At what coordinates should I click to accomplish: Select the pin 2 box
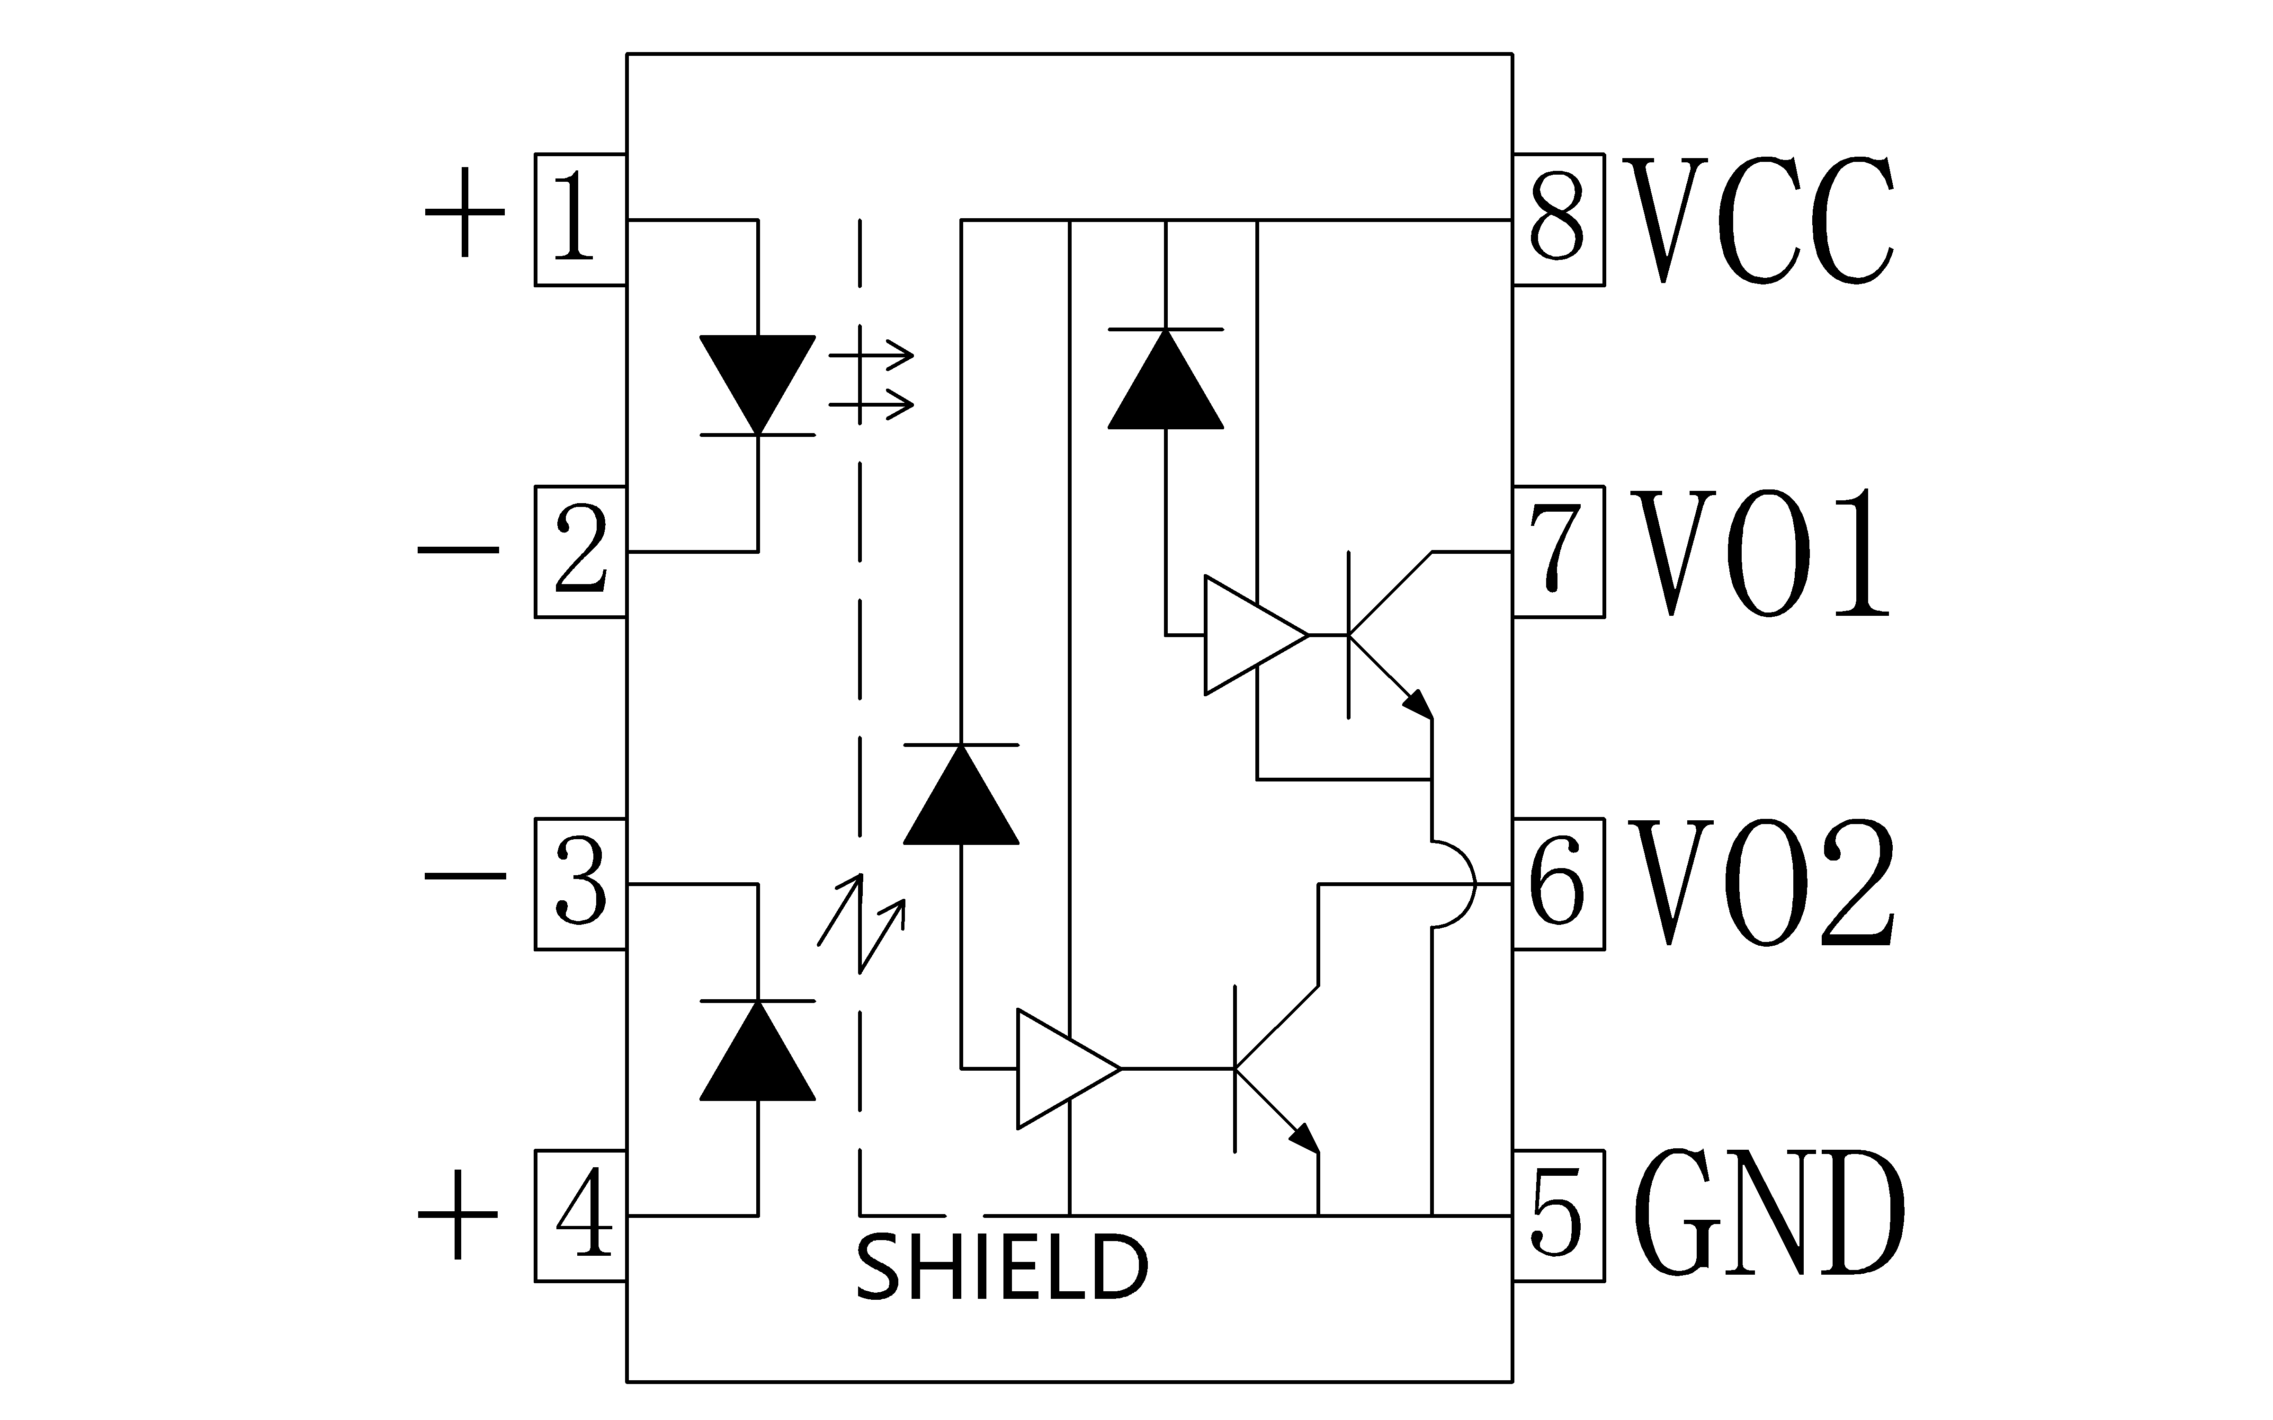581,551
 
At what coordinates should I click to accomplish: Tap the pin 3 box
581,884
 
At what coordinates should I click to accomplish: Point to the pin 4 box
581,1215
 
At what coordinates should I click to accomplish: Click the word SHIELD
1002,1268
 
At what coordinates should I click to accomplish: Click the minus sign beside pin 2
458,551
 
